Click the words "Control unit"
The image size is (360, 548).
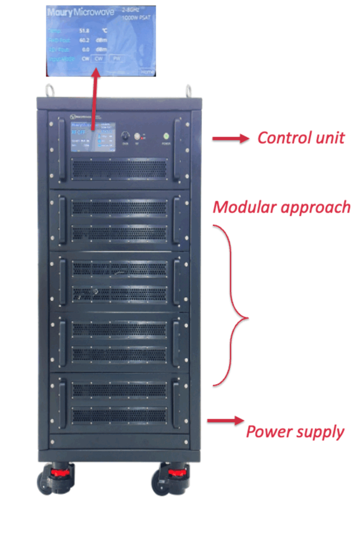(x=301, y=138)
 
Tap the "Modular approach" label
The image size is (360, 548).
(x=281, y=207)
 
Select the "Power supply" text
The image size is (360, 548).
(x=295, y=431)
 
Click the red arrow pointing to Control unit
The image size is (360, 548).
(x=231, y=139)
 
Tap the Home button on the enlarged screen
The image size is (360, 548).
(x=147, y=71)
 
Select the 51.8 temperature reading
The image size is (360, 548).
(x=84, y=31)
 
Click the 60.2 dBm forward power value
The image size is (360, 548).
(x=84, y=40)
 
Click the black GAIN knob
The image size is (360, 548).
(x=125, y=135)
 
